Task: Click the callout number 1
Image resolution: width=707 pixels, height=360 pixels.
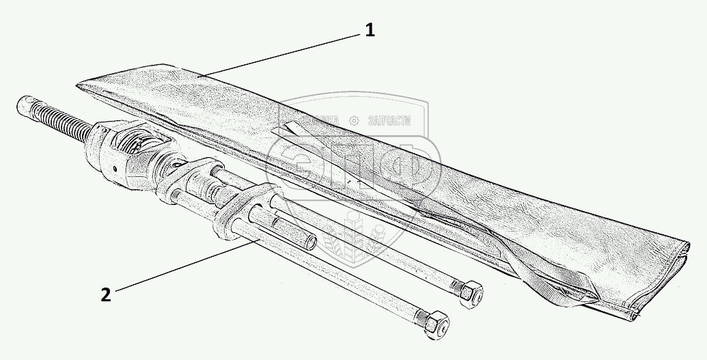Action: click(x=370, y=31)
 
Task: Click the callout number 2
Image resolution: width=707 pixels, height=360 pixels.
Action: click(x=105, y=294)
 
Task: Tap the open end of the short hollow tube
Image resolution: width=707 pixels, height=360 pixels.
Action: click(x=311, y=243)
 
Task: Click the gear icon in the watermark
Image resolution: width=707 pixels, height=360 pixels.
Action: click(x=353, y=120)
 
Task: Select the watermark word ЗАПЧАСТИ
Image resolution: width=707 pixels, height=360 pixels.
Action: click(x=389, y=120)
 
